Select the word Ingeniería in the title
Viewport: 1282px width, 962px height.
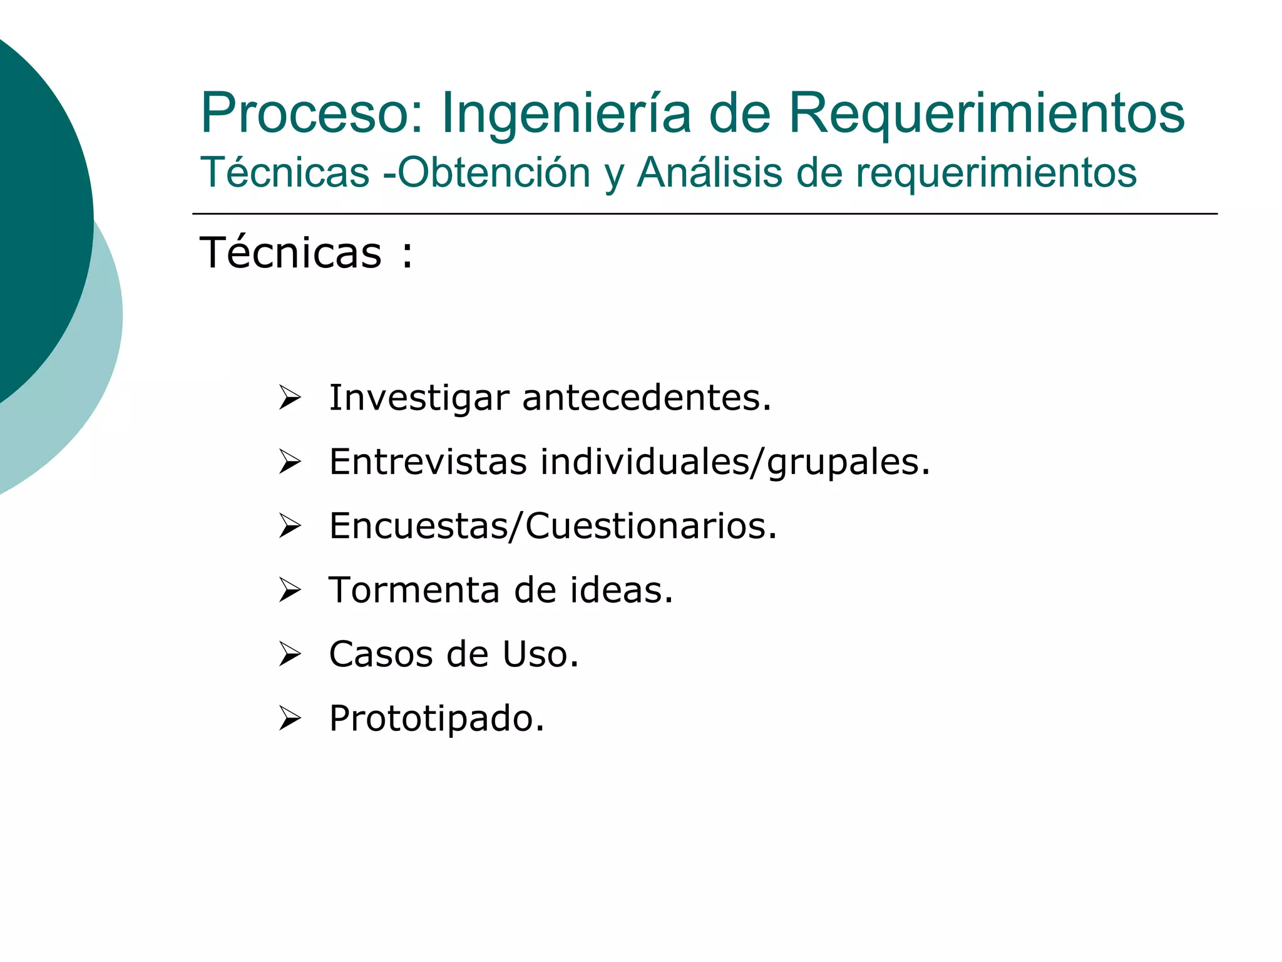click(x=566, y=113)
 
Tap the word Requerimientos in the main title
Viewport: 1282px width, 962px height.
click(x=986, y=113)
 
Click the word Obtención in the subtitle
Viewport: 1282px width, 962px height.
click(x=494, y=172)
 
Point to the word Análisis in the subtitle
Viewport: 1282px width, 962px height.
click(x=709, y=172)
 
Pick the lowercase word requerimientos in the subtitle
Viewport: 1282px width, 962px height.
click(x=996, y=173)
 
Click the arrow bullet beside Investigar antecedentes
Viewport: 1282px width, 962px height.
click(x=290, y=398)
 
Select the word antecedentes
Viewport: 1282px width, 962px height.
click(x=646, y=398)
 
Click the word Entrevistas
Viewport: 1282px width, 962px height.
click(x=428, y=462)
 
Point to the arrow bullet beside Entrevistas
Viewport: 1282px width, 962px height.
click(x=290, y=462)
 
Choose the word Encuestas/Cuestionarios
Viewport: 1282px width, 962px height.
click(x=553, y=526)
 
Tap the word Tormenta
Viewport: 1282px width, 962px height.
click(x=414, y=590)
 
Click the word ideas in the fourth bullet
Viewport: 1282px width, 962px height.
click(x=620, y=590)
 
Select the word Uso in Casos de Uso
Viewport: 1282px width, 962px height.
click(x=540, y=654)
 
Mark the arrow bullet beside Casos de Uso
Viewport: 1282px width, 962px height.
click(x=290, y=654)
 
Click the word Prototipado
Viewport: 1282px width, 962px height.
click(x=436, y=719)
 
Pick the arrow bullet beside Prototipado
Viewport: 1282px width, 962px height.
click(x=290, y=718)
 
